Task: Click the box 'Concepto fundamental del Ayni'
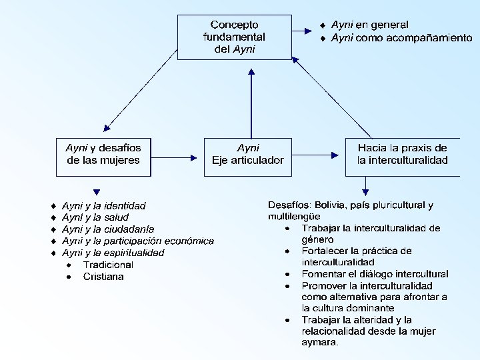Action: pyautogui.click(x=234, y=37)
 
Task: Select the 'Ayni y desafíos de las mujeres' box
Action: pyautogui.click(x=103, y=156)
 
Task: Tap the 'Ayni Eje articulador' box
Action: pyautogui.click(x=248, y=156)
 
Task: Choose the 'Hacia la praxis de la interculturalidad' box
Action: pyautogui.click(x=402, y=156)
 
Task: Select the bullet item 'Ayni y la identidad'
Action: pyautogui.click(x=104, y=205)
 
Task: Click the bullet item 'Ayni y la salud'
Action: pyautogui.click(x=95, y=217)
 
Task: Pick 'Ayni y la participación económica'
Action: pyautogui.click(x=138, y=241)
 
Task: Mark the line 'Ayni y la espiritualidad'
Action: pyautogui.click(x=113, y=253)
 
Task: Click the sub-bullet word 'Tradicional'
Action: pyautogui.click(x=108, y=265)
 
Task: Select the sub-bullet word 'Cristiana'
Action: pyautogui.click(x=103, y=277)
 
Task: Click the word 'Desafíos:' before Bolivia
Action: pyautogui.click(x=290, y=205)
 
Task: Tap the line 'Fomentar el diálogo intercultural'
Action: pyautogui.click(x=375, y=273)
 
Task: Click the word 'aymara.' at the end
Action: pyautogui.click(x=320, y=343)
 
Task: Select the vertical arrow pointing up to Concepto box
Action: pyautogui.click(x=251, y=100)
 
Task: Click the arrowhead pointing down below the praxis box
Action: pyautogui.click(x=365, y=189)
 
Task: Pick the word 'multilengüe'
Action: pyautogui.click(x=294, y=216)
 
